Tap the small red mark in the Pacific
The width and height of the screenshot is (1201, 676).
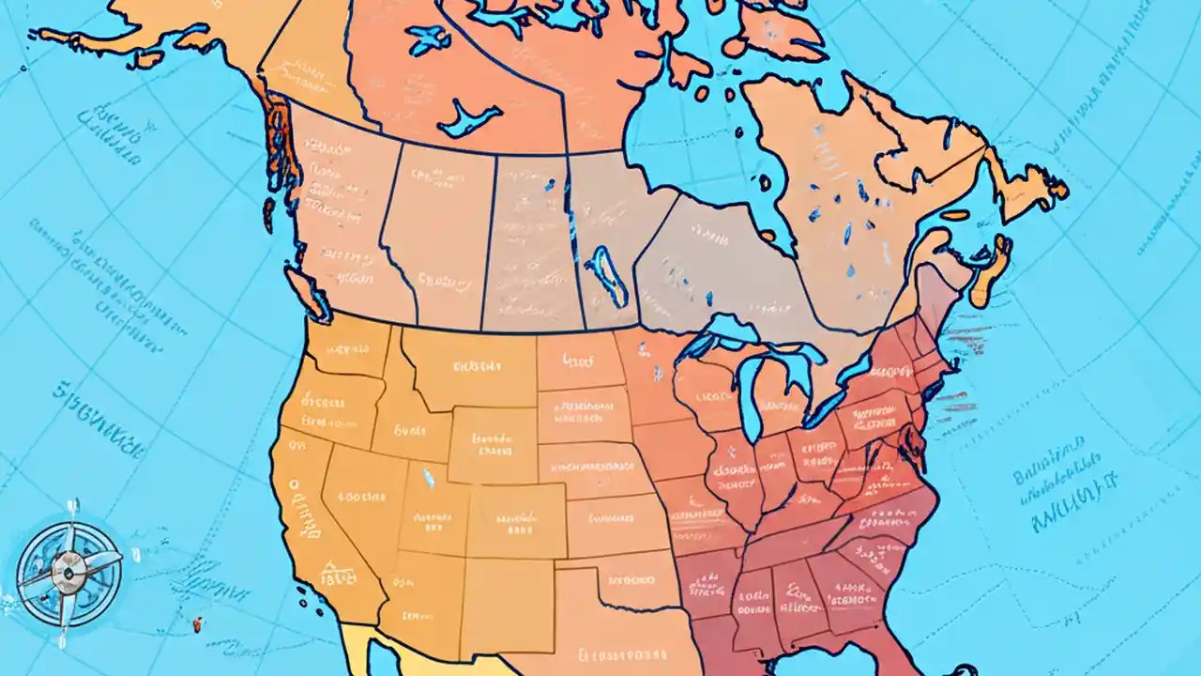197,622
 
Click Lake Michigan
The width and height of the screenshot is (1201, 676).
748,394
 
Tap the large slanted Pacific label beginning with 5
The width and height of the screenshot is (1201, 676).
94,422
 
